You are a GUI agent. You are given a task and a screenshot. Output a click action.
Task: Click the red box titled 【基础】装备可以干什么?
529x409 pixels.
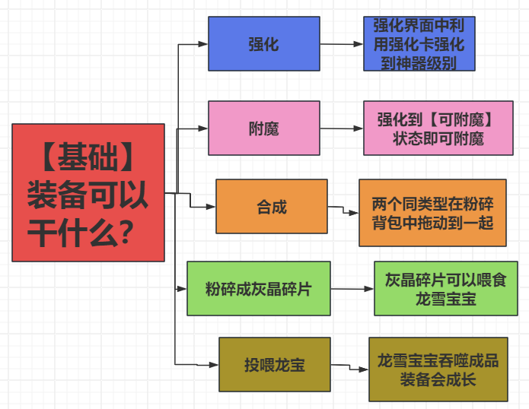[88, 192]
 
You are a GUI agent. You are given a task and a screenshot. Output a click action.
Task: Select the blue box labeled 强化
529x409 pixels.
[264, 43]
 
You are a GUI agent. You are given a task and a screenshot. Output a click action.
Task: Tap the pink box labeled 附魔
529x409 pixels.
[264, 128]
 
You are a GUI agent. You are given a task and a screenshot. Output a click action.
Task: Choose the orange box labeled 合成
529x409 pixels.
[272, 206]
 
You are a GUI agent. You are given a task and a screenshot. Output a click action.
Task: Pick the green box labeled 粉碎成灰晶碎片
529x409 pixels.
[259, 288]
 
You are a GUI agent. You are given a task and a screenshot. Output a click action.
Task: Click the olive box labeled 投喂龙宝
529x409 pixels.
[275, 365]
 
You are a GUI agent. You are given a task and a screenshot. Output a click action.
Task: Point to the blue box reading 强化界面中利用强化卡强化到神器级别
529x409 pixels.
[419, 43]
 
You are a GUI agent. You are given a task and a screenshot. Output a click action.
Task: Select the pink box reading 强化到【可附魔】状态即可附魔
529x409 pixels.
[438, 128]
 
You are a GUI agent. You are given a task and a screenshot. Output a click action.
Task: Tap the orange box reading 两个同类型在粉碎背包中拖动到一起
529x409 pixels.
[432, 213]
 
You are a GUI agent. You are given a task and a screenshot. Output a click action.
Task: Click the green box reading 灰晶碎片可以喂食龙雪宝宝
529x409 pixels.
[446, 288]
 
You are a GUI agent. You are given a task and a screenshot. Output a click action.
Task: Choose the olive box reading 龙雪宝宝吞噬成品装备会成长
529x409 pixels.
[438, 369]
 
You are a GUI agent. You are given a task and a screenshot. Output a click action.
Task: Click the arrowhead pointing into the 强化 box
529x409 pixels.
[203, 44]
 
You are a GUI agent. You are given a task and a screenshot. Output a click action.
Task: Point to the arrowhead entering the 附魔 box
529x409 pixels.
[203, 128]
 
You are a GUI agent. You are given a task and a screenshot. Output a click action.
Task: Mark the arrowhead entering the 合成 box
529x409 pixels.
[211, 207]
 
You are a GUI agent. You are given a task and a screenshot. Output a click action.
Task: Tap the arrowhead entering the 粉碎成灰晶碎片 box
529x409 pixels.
[182, 289]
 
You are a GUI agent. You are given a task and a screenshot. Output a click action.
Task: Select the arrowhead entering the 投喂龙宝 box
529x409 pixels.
[214, 365]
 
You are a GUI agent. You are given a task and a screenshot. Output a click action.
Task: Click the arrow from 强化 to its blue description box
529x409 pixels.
[342, 44]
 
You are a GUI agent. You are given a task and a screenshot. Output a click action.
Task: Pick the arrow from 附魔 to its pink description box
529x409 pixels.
[342, 128]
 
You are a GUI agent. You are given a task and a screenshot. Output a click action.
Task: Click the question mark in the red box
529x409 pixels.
[126, 232]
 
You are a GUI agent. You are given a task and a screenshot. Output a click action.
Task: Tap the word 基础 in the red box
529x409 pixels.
[88, 157]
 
